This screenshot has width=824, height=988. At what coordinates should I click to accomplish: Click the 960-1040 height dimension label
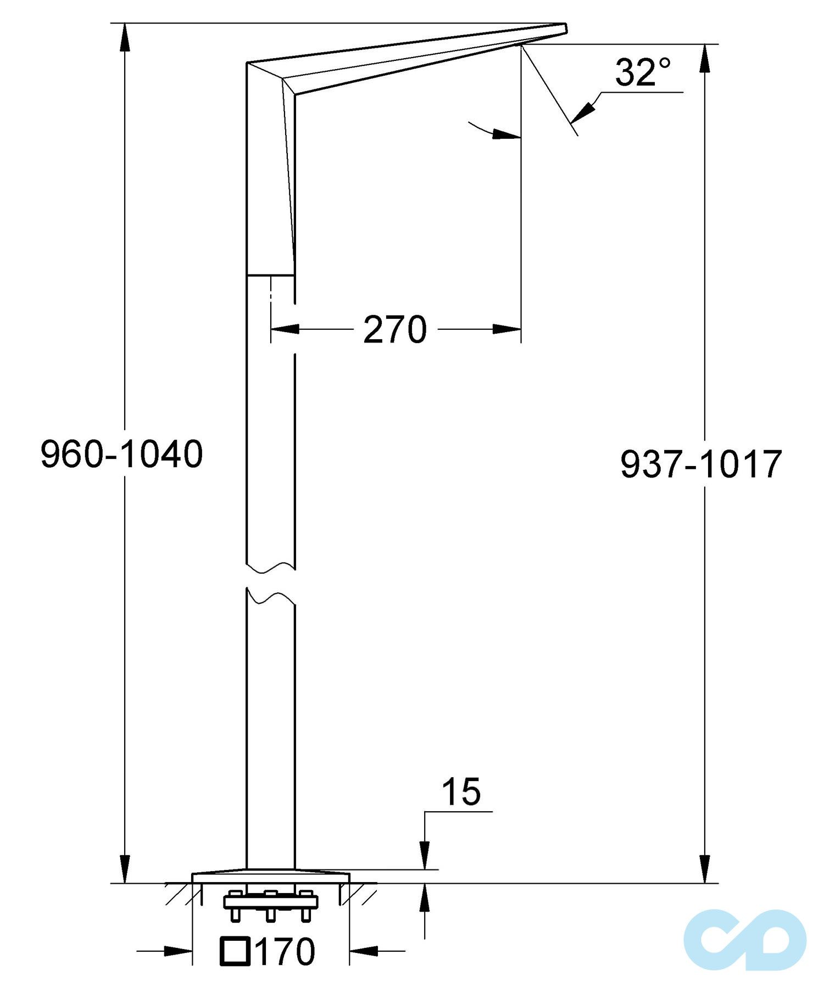click(x=122, y=454)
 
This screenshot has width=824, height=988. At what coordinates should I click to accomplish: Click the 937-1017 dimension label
click(x=701, y=464)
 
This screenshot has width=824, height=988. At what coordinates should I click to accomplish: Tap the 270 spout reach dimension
click(x=395, y=330)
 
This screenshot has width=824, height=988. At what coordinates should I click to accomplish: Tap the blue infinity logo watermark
click(x=745, y=939)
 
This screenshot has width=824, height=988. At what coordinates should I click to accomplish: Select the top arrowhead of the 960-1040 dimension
click(x=125, y=36)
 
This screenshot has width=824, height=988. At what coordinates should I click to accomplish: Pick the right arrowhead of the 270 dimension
click(x=506, y=329)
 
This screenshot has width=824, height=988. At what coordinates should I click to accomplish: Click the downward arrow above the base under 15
click(x=424, y=856)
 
